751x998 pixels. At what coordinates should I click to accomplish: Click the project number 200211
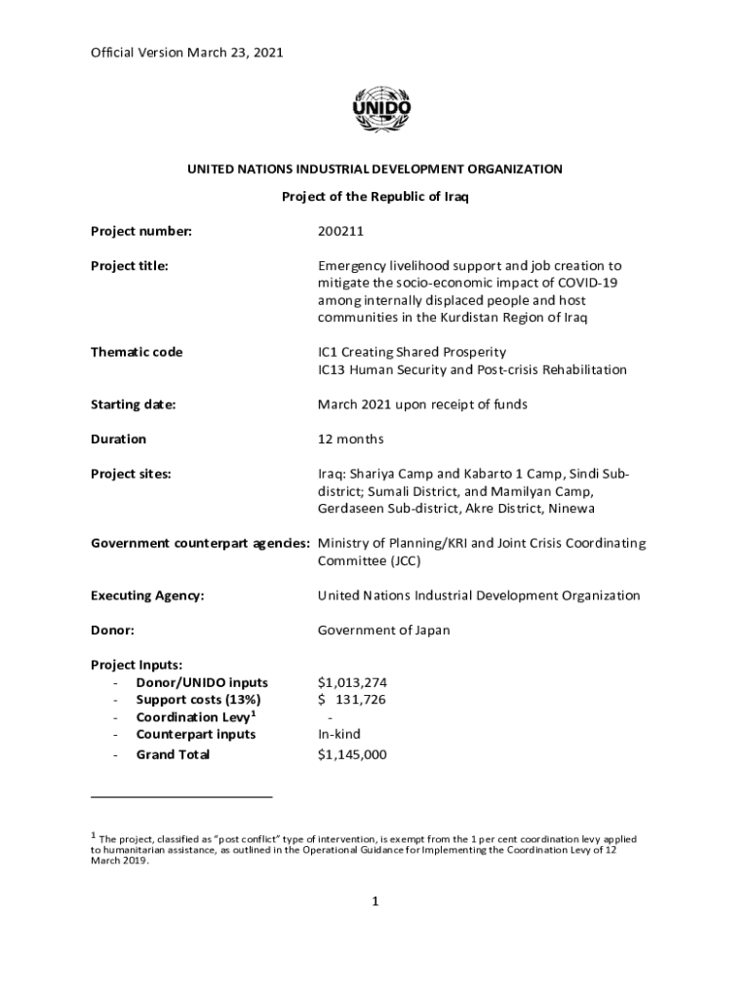tap(340, 231)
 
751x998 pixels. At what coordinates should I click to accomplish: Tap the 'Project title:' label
tap(130, 265)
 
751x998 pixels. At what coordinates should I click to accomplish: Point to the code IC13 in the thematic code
tap(334, 369)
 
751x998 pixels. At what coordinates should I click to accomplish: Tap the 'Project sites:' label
tap(131, 474)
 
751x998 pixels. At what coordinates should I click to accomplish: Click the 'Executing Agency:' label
tap(147, 595)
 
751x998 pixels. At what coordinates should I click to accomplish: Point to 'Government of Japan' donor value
tap(384, 631)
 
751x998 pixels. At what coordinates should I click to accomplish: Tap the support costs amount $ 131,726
tap(352, 700)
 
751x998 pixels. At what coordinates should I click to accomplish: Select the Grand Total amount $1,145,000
tap(352, 754)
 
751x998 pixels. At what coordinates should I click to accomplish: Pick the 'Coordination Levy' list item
tap(194, 717)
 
